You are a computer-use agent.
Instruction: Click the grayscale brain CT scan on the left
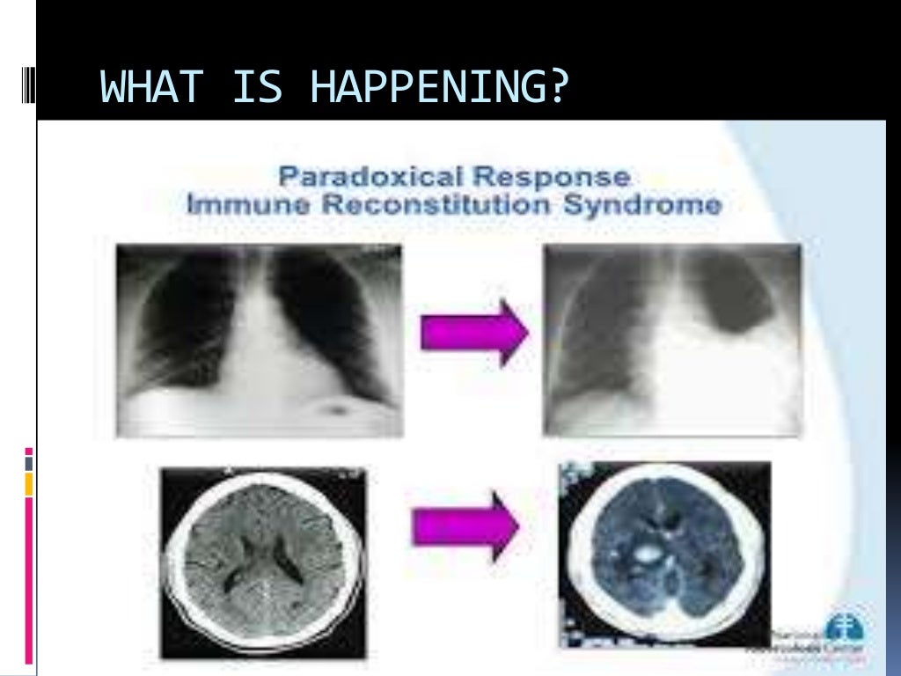coord(262,561)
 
